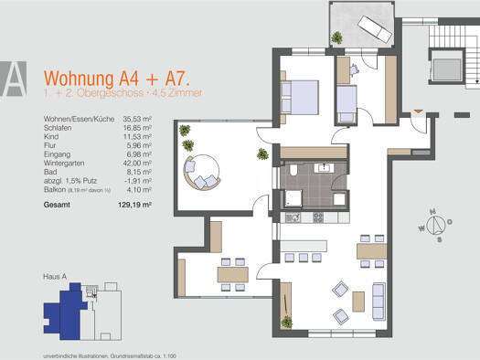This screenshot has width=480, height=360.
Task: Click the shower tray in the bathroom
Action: (x=296, y=199)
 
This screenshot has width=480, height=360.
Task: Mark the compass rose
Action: (x=436, y=222)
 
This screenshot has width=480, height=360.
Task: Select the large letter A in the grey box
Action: (x=15, y=79)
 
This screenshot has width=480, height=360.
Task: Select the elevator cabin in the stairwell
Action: (x=449, y=70)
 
